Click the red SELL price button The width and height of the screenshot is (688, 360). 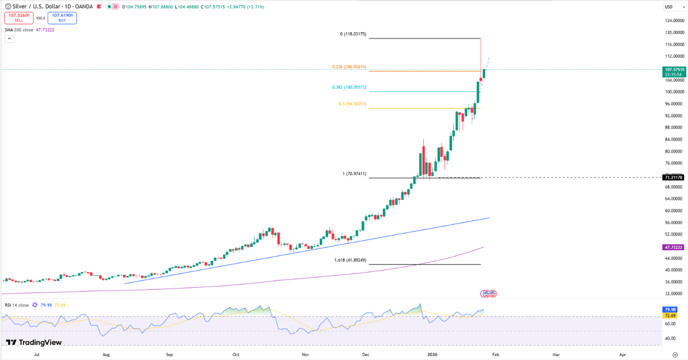(19, 18)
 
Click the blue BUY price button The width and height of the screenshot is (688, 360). (62, 18)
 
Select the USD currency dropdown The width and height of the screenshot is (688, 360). (674, 7)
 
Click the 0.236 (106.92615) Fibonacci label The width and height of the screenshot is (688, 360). (349, 67)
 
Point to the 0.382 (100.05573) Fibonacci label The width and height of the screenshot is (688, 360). (349, 87)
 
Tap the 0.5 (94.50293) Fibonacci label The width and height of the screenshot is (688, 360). (352, 104)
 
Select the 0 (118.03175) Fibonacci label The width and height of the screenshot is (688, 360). (353, 34)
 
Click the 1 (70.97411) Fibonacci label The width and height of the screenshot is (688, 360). (354, 173)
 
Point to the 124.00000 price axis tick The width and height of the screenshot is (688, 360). (674, 21)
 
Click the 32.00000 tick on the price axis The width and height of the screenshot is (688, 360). (674, 294)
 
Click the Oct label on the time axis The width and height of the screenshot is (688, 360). (236, 354)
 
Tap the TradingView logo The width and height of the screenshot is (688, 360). (34, 342)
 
